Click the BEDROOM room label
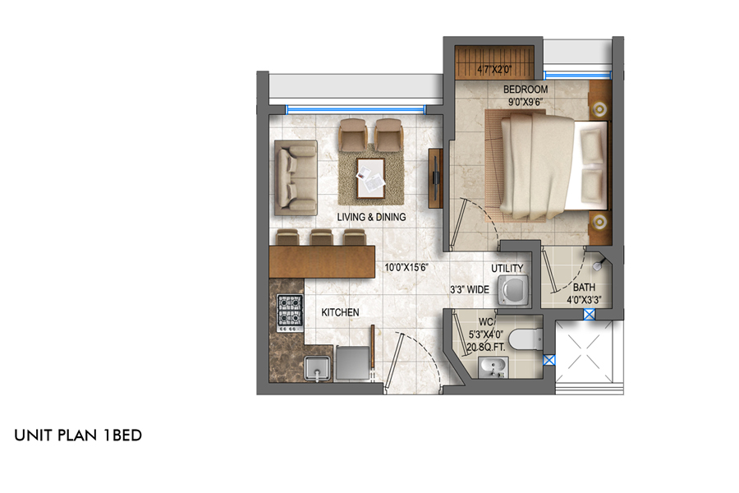(526, 90)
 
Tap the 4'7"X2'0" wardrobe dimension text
(494, 69)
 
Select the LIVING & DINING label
(371, 217)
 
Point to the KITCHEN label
(340, 312)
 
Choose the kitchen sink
(317, 368)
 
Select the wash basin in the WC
(493, 367)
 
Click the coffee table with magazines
(370, 178)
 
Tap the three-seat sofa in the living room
(296, 177)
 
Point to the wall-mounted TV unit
(435, 178)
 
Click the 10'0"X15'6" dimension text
(406, 268)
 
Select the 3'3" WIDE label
(470, 290)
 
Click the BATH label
(584, 288)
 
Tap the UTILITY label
(507, 269)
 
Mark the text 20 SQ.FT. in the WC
(486, 348)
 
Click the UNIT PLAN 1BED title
(78, 435)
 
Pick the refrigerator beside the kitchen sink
(352, 362)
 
